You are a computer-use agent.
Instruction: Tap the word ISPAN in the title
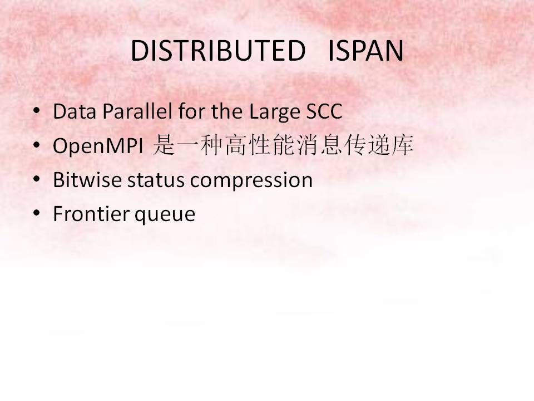click(365, 52)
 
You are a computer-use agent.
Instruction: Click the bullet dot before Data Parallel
click(37, 111)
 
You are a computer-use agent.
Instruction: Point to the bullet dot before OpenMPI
click(37, 145)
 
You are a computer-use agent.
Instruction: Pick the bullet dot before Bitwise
click(37, 179)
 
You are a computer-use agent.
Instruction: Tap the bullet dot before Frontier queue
click(37, 213)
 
